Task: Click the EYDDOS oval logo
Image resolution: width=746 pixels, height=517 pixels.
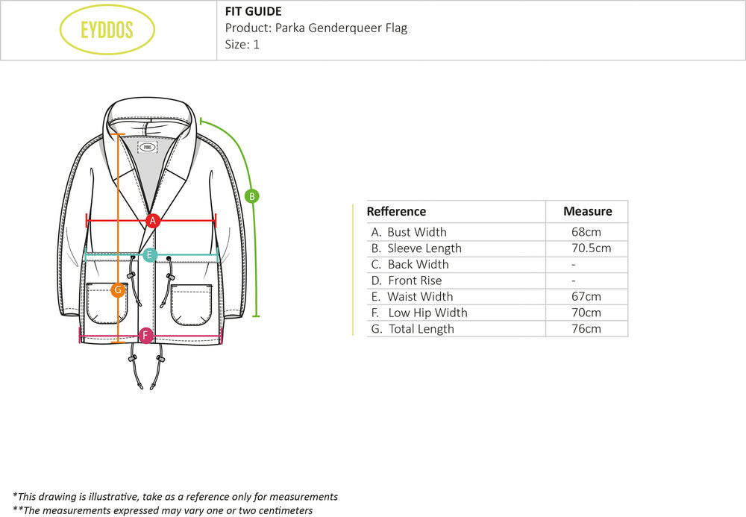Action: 107,30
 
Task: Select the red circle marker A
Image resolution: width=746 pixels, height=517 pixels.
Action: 153,220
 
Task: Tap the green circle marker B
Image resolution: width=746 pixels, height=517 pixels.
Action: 252,196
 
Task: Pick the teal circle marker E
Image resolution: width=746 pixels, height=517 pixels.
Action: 150,255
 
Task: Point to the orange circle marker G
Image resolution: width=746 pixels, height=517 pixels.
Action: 117,290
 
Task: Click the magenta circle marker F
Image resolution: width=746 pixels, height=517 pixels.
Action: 145,335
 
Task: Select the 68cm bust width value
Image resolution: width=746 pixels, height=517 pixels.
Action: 586,232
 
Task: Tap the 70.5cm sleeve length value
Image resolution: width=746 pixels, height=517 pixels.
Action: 586,248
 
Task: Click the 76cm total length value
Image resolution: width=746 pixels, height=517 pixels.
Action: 586,329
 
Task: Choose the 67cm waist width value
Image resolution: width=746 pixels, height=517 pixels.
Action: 586,297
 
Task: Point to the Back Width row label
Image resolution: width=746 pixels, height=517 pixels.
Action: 418,264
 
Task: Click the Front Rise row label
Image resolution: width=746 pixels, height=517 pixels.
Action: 415,281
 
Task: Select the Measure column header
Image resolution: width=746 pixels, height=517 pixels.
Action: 587,211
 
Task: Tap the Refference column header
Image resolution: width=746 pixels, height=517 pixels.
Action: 396,211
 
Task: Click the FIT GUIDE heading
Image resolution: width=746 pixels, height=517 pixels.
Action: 253,11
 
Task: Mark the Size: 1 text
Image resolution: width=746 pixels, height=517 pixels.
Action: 242,44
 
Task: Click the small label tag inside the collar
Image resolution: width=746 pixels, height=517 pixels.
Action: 148,147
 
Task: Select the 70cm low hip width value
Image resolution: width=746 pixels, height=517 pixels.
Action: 586,313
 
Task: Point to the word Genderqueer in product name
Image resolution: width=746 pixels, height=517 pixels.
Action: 342,28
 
